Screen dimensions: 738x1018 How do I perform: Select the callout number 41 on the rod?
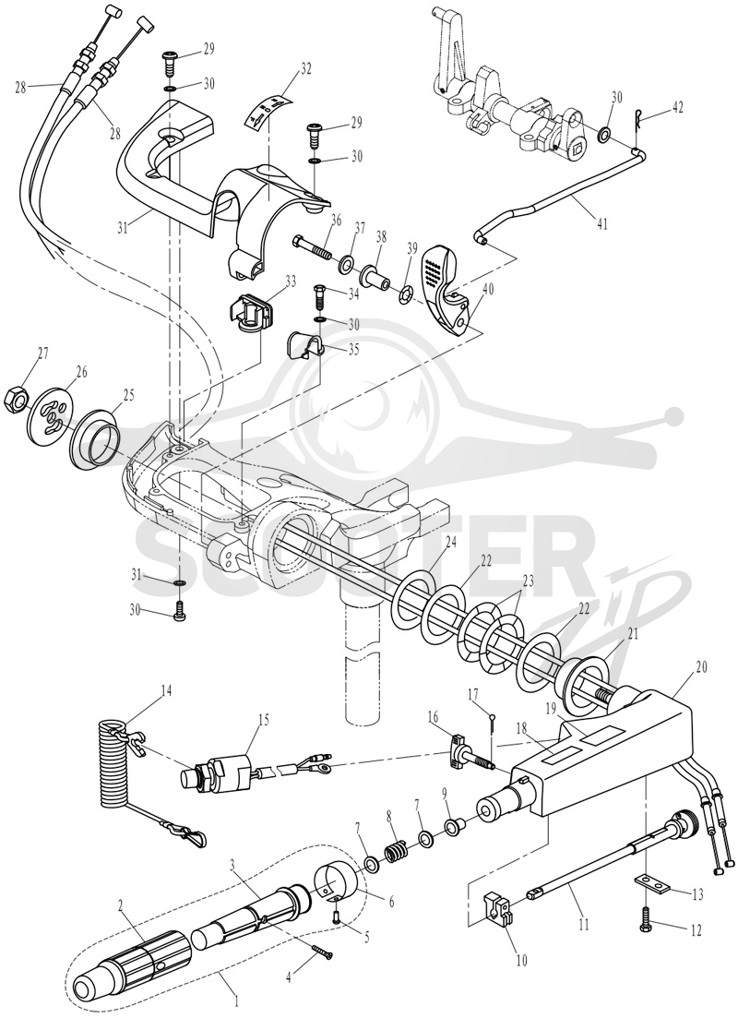602,222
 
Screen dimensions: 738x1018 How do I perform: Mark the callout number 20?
684,667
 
